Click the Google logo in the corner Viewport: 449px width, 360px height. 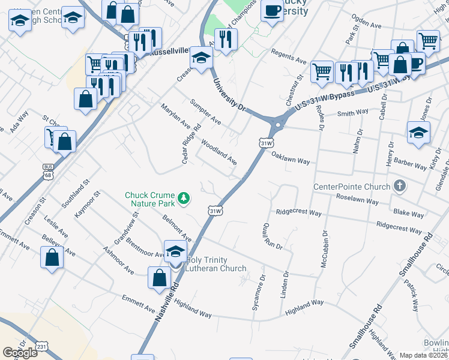point(20,352)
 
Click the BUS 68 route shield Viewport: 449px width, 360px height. point(47,170)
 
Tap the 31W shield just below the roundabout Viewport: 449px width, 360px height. point(267,143)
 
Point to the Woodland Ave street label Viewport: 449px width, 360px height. point(218,152)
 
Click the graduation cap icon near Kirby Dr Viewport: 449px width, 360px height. point(418,133)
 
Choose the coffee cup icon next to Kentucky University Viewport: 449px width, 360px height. point(272,11)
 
